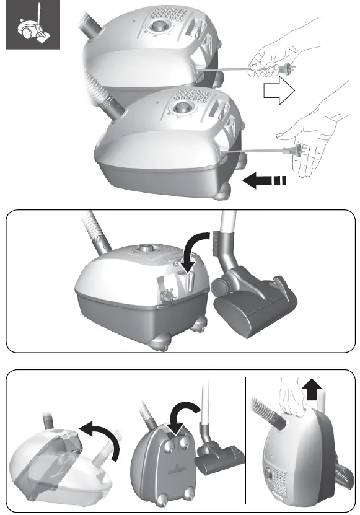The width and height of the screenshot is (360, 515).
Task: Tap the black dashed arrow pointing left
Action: [263, 181]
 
